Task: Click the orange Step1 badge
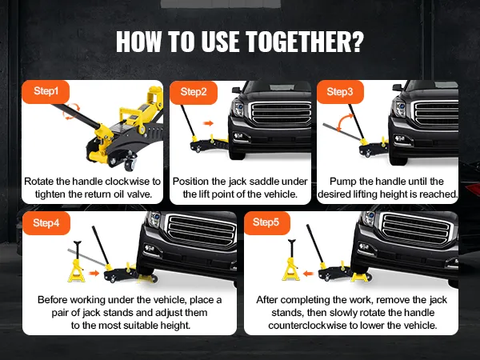46,91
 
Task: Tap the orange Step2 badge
194,92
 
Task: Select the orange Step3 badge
340,92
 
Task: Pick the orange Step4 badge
46,223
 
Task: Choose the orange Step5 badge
267,223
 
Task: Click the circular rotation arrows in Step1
71,111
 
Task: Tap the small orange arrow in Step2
209,123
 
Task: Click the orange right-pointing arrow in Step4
94,273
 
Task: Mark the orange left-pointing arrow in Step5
309,273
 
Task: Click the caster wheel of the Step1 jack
130,163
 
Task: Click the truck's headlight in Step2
238,108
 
